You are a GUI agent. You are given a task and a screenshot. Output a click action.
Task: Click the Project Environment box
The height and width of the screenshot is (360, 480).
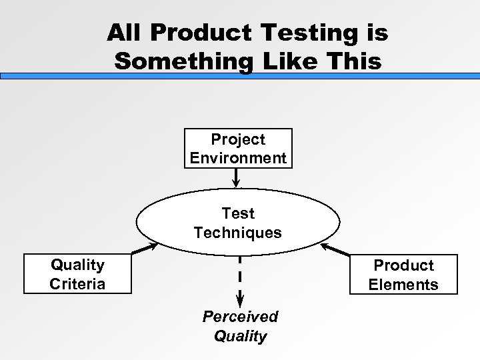point(238,149)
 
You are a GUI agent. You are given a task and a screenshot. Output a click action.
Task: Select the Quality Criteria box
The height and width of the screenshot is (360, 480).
point(77,274)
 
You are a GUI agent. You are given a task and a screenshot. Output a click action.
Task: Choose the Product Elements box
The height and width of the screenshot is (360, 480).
point(403,274)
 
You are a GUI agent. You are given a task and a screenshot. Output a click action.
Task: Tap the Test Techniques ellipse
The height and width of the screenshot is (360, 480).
point(238,223)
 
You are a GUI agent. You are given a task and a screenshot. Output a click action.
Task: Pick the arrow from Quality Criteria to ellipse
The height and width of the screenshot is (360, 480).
point(145,249)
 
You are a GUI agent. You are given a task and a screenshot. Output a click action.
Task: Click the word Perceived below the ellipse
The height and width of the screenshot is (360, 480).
point(240,316)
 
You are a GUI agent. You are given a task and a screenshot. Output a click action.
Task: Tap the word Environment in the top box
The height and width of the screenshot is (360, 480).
point(238,158)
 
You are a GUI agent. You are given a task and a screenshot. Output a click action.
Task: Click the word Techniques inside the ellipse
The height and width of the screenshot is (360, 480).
point(238,233)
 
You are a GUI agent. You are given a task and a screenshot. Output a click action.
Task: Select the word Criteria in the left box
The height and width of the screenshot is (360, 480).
point(77,283)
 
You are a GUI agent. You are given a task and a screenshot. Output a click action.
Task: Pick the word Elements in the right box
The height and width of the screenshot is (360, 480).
point(403,285)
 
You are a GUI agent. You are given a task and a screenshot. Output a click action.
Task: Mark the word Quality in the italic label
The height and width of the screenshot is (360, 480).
point(240,335)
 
